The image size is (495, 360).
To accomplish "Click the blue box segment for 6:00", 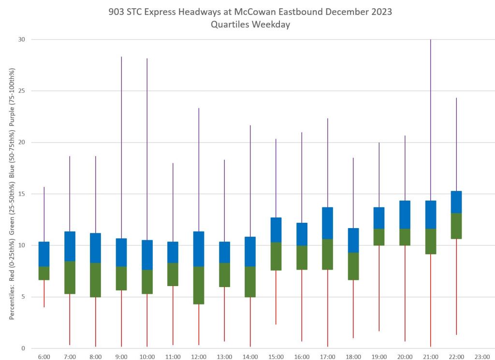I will (x=44, y=254).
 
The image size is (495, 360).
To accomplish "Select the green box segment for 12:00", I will (x=199, y=285).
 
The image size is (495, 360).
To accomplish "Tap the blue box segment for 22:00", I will (x=456, y=202).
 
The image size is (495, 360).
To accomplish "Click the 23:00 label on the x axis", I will (x=482, y=357).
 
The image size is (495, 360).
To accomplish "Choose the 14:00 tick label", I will (x=250, y=357).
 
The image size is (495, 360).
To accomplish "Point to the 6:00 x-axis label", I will (x=44, y=357).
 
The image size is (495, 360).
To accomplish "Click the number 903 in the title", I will (x=118, y=12).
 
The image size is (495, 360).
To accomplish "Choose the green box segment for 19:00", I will (x=379, y=237).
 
